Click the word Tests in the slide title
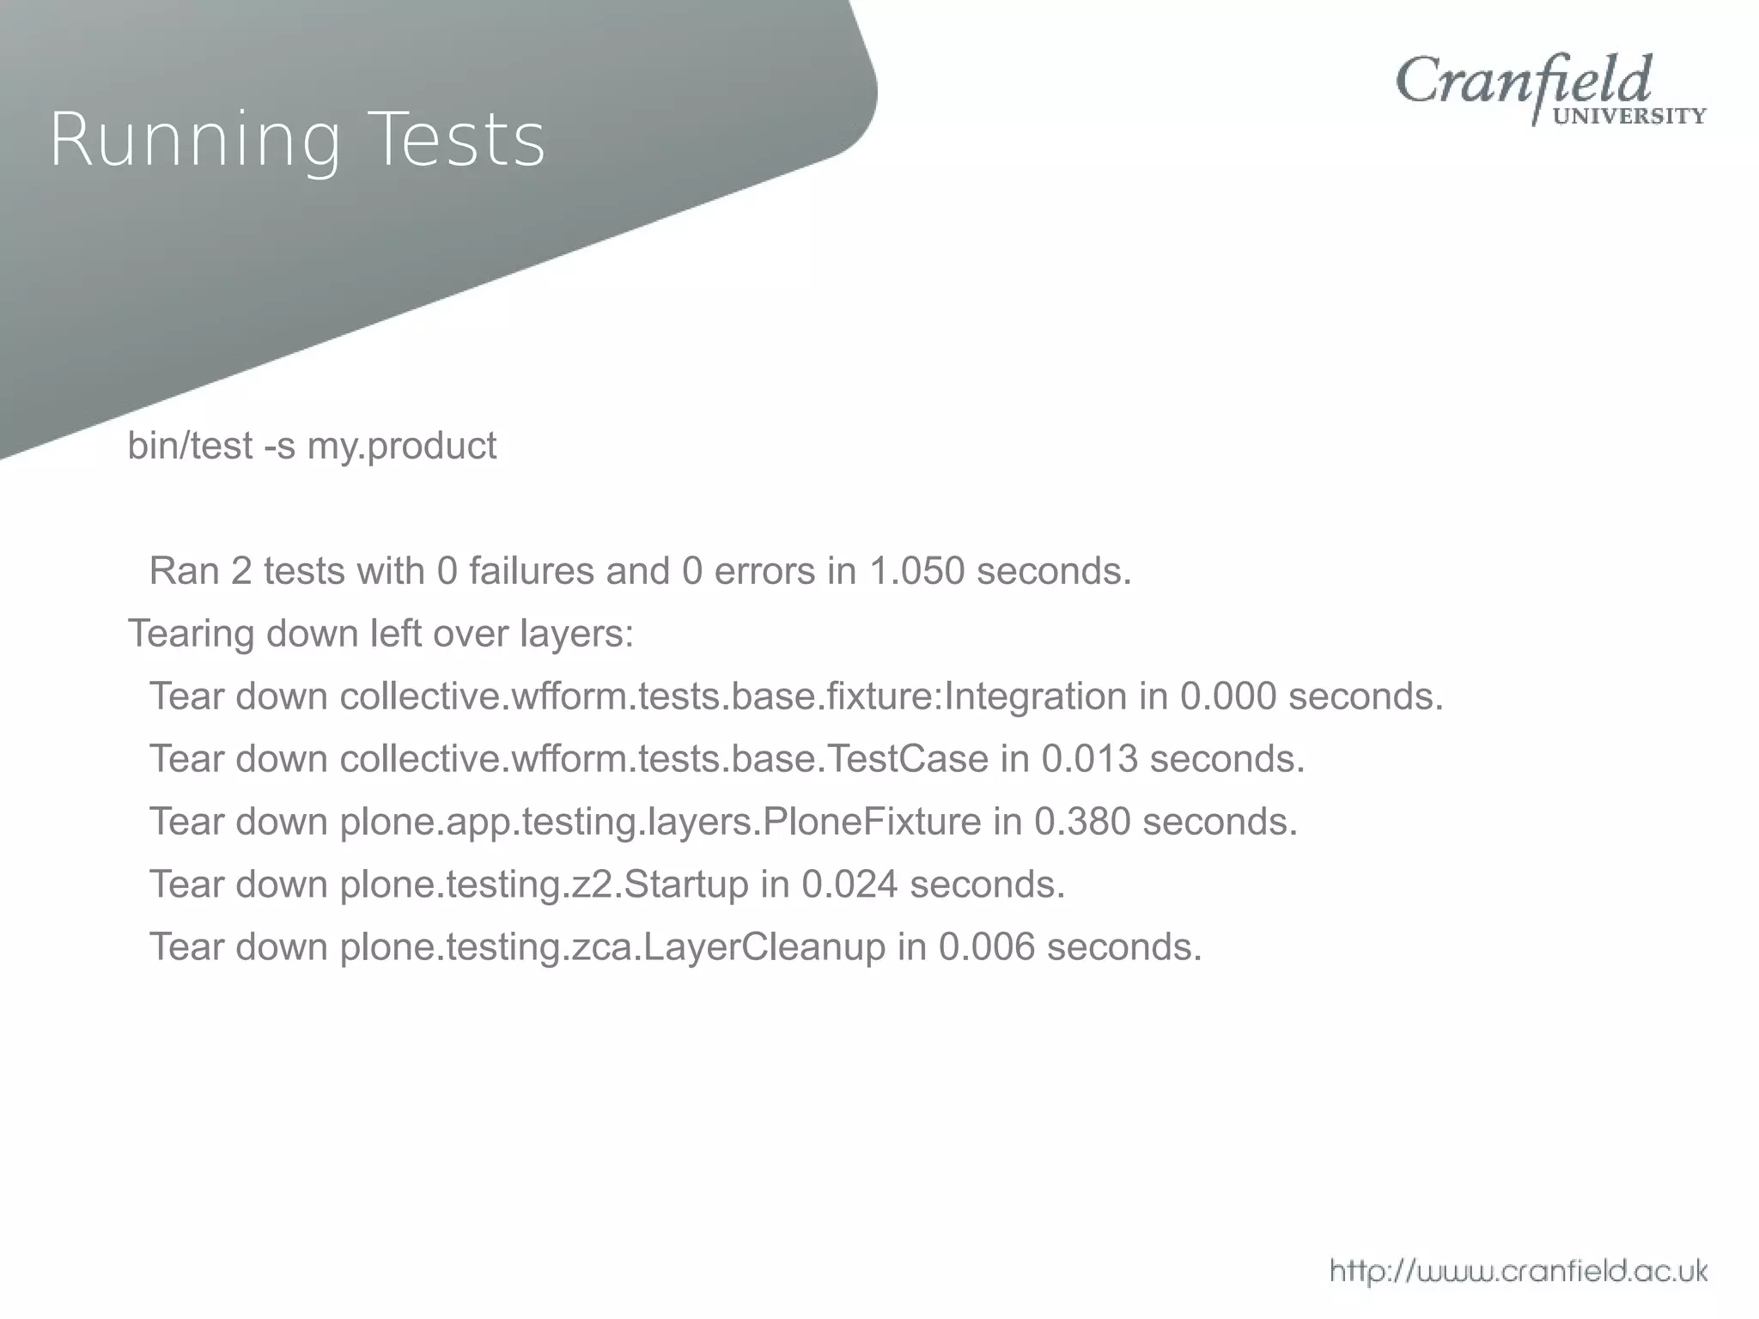point(460,140)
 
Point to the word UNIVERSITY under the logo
point(1630,117)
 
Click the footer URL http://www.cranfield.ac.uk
point(1519,1270)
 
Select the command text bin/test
point(190,446)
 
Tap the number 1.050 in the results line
point(917,571)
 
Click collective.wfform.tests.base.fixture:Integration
point(733,696)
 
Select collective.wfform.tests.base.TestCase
point(664,759)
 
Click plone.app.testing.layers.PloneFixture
point(660,822)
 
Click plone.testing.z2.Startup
point(545,884)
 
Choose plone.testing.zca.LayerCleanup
point(612,947)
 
